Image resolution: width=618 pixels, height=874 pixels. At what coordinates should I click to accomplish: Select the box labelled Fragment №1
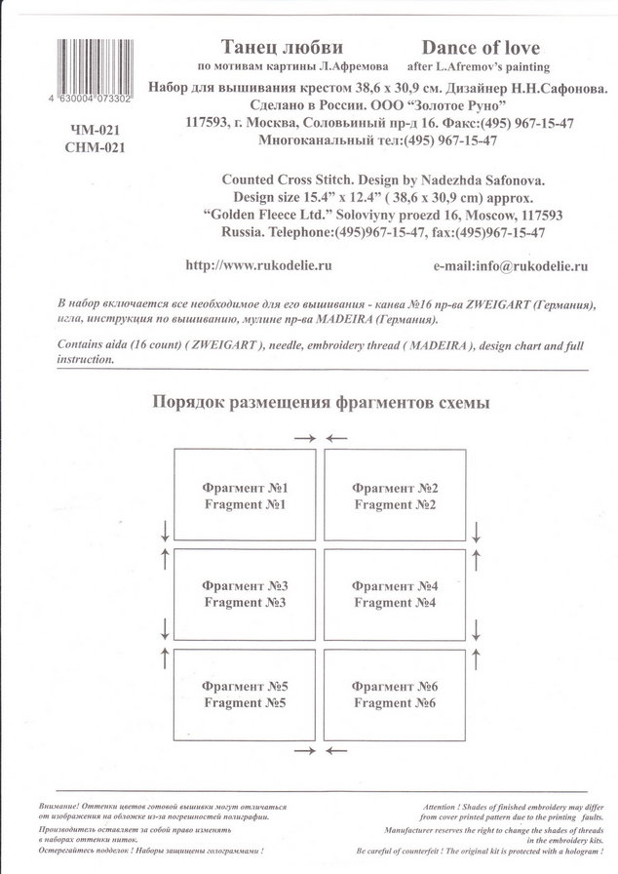coord(244,496)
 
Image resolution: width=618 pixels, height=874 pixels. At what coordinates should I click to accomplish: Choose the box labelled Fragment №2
coord(396,496)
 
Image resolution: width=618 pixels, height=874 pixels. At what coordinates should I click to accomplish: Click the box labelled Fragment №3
coord(244,594)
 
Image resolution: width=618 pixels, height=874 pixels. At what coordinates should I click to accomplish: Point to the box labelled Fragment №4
coord(396,594)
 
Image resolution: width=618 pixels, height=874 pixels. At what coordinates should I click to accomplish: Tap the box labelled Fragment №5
coord(244,694)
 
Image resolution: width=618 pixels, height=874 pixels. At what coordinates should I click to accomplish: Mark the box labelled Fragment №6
coord(396,694)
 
